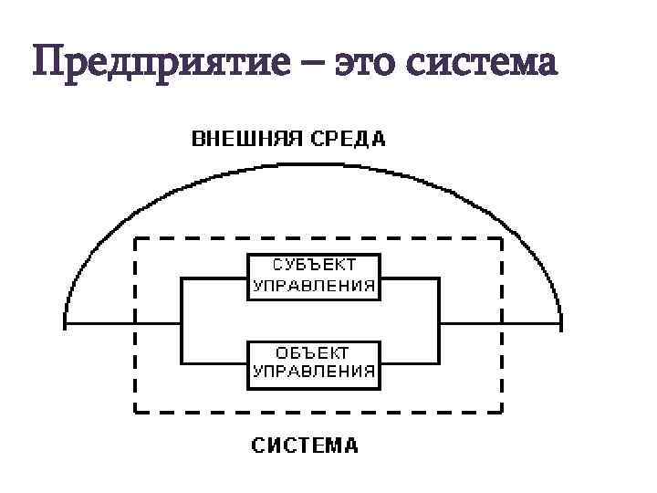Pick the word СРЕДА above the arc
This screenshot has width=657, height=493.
coord(348,140)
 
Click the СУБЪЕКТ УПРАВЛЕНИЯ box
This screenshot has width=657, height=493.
coord(314,276)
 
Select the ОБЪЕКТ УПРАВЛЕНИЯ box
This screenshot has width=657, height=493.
coord(314,362)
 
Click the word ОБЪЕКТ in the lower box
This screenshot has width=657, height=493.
coord(314,351)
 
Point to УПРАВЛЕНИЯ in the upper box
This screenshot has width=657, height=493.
coord(314,285)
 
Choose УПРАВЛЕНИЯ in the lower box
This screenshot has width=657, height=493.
coord(314,372)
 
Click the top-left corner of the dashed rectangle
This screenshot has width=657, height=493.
coord(136,239)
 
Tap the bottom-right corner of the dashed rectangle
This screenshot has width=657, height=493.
coord(502,410)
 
